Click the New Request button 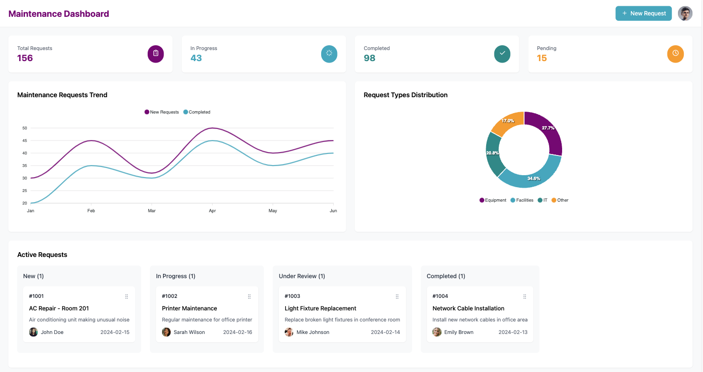pyautogui.click(x=643, y=13)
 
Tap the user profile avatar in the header pyautogui.click(x=685, y=13)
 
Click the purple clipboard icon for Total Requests pyautogui.click(x=155, y=53)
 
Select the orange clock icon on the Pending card pyautogui.click(x=675, y=53)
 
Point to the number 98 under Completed pyautogui.click(x=369, y=58)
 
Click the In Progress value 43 pyautogui.click(x=196, y=58)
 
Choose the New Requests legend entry pyautogui.click(x=162, y=112)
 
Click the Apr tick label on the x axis pyautogui.click(x=212, y=211)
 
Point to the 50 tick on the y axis pyautogui.click(x=25, y=128)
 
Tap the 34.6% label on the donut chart pyautogui.click(x=533, y=179)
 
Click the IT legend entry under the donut pyautogui.click(x=542, y=200)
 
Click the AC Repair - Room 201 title pyautogui.click(x=59, y=308)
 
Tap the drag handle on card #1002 pyautogui.click(x=249, y=296)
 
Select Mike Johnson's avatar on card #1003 pyautogui.click(x=289, y=332)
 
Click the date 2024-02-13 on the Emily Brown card pyautogui.click(x=513, y=332)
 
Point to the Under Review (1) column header pyautogui.click(x=302, y=276)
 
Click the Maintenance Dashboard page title pyautogui.click(x=59, y=14)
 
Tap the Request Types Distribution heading pyautogui.click(x=405, y=95)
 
